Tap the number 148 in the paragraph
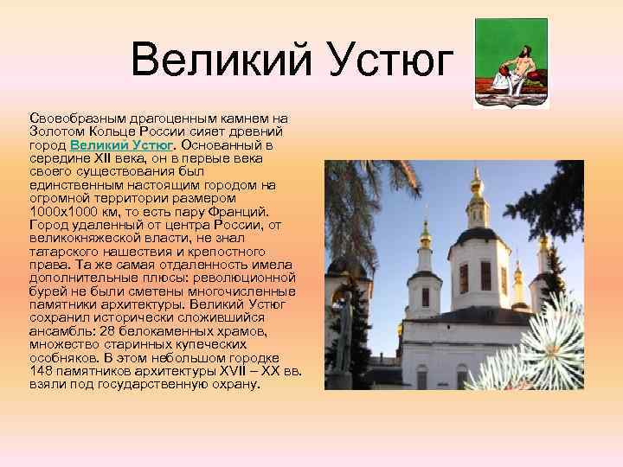[x=42, y=371]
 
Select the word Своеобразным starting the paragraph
[x=72, y=118]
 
